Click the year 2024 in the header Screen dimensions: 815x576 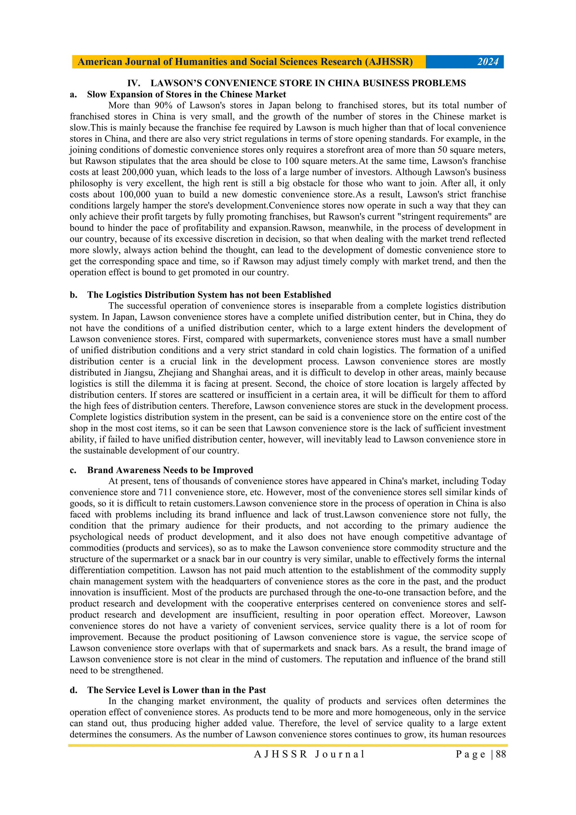[x=488, y=62]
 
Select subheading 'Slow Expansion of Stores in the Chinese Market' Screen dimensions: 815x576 [x=186, y=95]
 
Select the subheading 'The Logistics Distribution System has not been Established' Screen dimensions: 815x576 [x=209, y=295]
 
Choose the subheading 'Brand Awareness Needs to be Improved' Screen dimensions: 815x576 [x=170, y=470]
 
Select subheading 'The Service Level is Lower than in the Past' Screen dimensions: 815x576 [x=176, y=690]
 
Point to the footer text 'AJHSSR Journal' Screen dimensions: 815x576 [x=309, y=754]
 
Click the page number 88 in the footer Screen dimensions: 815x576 [x=501, y=754]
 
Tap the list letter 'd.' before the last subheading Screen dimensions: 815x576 [x=73, y=690]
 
